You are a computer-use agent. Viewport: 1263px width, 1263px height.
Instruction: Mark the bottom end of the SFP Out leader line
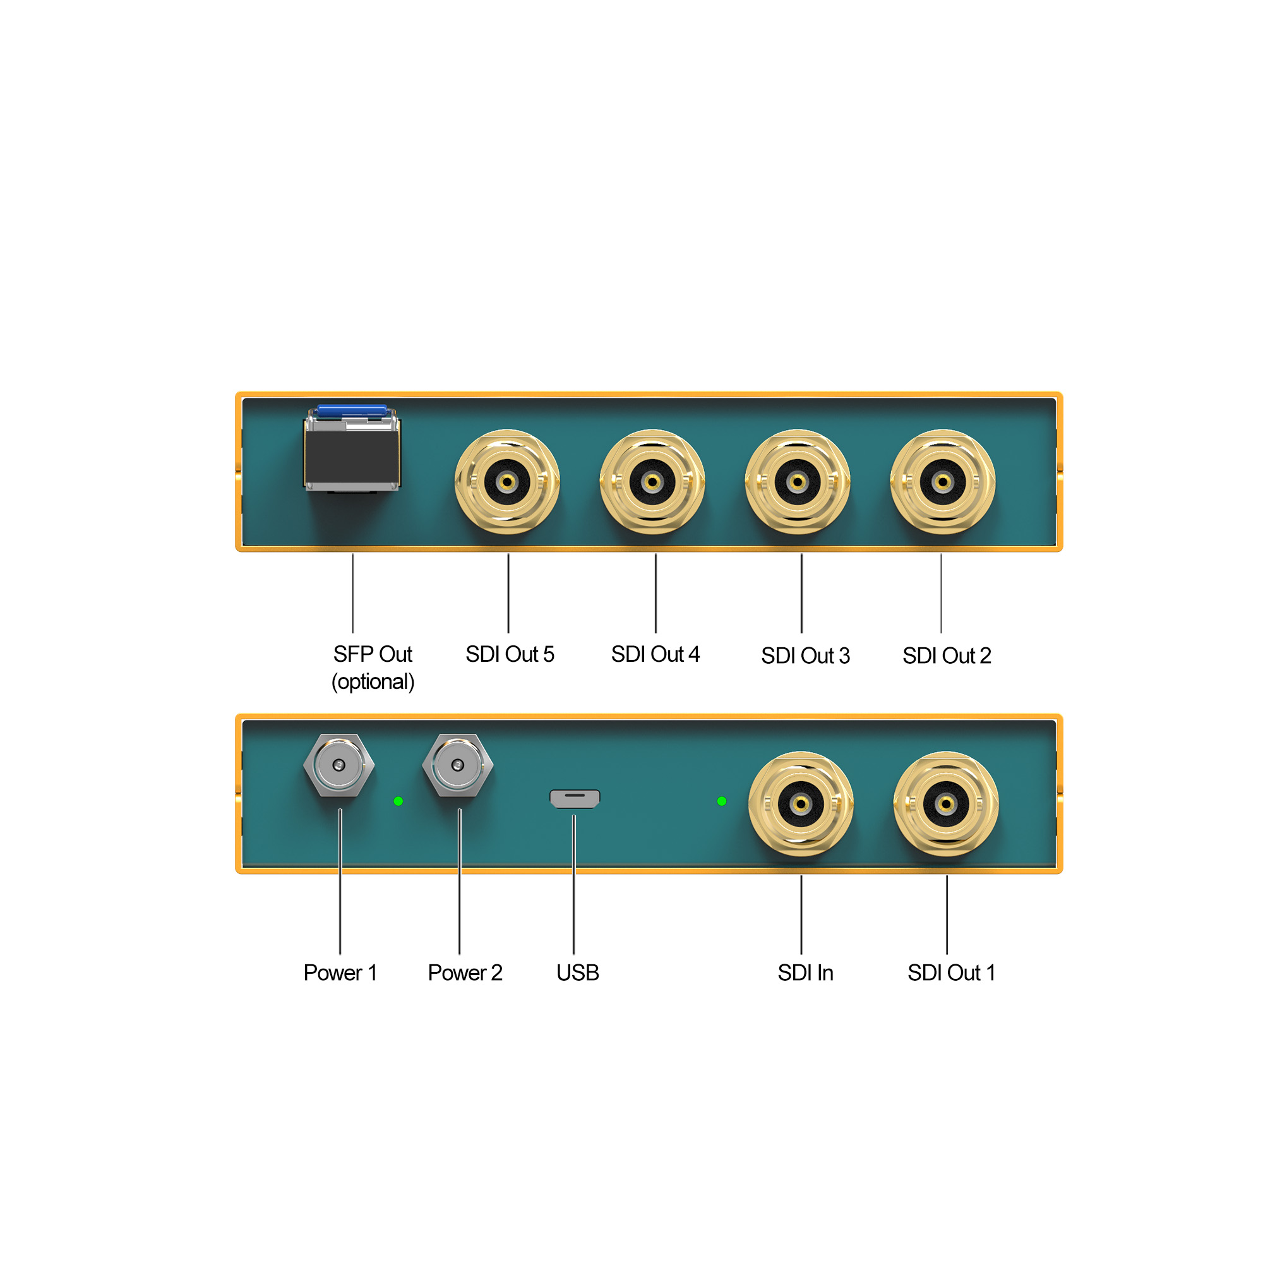[353, 632]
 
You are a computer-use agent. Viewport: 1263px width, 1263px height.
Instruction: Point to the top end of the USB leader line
[574, 815]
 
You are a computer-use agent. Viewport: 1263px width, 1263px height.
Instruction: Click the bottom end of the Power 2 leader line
[460, 954]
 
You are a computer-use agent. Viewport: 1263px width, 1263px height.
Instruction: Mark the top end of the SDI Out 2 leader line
[942, 554]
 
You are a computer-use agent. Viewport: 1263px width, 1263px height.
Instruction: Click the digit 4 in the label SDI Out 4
[693, 654]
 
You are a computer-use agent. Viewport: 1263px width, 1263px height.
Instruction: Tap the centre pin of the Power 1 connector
[338, 765]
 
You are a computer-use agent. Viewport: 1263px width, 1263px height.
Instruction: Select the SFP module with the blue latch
[352, 448]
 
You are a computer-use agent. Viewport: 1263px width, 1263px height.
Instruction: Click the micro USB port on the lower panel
[575, 798]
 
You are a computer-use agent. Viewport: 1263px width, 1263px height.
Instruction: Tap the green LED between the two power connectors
[398, 801]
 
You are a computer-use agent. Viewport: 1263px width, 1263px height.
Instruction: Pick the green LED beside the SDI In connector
[722, 801]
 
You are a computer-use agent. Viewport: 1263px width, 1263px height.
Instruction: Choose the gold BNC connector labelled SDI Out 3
[798, 482]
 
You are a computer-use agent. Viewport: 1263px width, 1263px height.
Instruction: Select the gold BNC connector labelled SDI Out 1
[946, 803]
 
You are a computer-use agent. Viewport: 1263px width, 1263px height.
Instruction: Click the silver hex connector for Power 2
[458, 765]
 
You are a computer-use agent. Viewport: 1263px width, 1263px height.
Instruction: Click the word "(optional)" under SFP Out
[373, 682]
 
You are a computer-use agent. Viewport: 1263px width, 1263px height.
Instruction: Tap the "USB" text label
[578, 973]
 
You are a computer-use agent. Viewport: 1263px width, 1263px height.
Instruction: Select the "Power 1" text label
[340, 973]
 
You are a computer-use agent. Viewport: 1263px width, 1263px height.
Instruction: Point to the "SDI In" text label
[805, 973]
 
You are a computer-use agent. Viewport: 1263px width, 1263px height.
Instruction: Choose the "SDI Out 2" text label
[947, 655]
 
